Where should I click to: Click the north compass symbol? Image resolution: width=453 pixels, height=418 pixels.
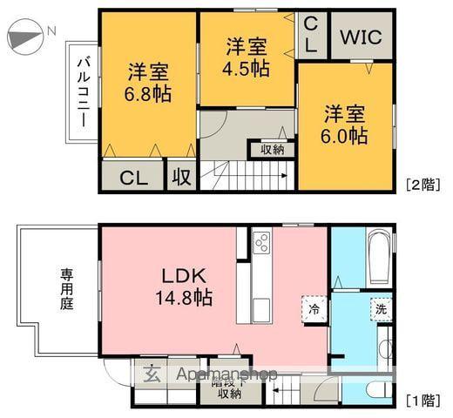pos(26,37)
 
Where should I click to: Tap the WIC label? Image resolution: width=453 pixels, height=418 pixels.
pos(360,37)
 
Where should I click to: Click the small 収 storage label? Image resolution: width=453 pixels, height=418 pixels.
pos(181,178)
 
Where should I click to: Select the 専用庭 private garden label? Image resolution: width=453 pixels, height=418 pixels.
pos(67,290)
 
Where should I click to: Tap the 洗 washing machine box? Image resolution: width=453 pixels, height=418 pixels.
pos(381,308)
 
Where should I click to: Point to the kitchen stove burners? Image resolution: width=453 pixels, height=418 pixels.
pos(261,243)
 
